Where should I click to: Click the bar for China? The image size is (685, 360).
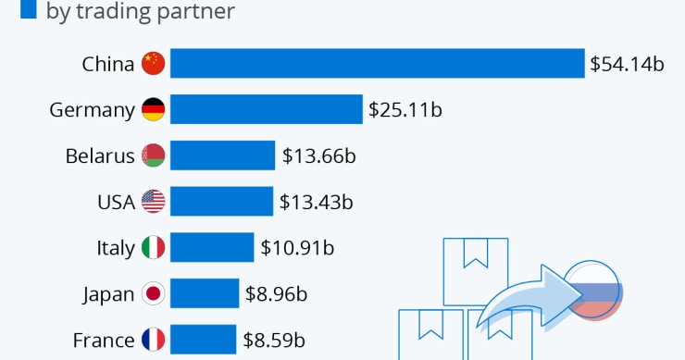[x=377, y=64]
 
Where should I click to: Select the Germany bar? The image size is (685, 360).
[x=266, y=110]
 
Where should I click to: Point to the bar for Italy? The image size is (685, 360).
[x=211, y=248]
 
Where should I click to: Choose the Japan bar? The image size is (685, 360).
[x=204, y=294]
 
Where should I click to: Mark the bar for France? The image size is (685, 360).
[x=203, y=340]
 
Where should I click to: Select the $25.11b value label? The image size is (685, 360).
[x=405, y=110]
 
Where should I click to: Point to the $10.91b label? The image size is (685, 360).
[x=296, y=248]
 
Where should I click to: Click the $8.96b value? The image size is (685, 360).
[x=276, y=294]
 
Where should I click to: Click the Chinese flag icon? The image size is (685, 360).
[x=153, y=64]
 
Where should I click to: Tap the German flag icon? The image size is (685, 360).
[x=153, y=110]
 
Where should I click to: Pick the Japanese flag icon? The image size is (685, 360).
[x=153, y=294]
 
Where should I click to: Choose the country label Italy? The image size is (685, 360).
[x=116, y=248]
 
